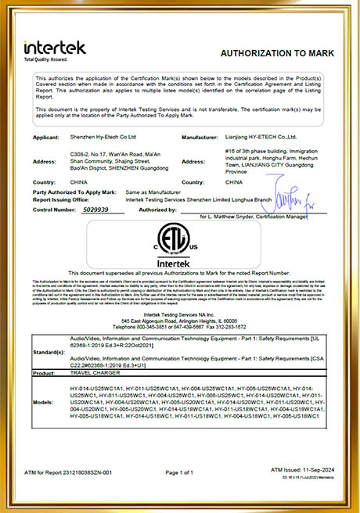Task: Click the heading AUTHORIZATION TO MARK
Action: (277, 52)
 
